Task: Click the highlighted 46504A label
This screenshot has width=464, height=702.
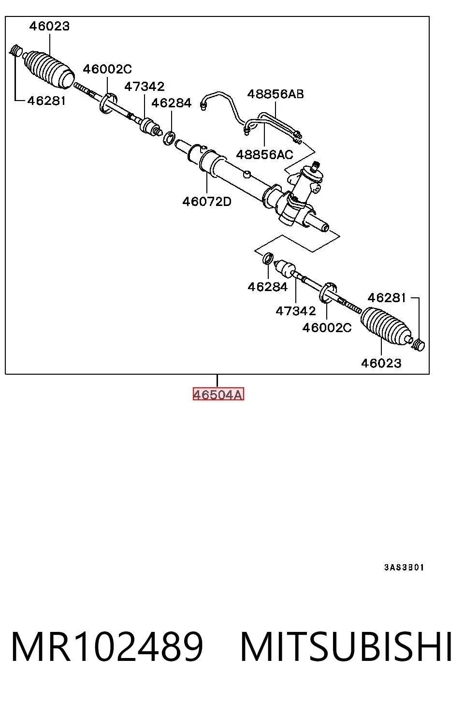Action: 218,394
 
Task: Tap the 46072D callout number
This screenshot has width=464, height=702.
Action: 207,202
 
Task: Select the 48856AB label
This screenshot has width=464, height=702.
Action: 275,94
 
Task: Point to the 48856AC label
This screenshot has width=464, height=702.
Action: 264,155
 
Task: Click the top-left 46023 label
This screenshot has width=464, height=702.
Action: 49,26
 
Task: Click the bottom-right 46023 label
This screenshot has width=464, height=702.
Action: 381,363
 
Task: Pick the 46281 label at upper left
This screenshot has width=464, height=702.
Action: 46,101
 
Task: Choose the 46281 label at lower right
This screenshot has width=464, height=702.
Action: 387,298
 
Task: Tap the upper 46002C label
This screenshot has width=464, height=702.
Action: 107,69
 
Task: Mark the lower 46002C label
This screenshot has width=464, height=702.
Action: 327,328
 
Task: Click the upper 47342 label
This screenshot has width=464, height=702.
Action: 145,87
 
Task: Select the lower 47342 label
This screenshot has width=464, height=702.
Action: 296,311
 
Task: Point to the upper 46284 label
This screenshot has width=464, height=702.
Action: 172,103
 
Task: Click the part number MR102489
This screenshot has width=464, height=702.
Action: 107,647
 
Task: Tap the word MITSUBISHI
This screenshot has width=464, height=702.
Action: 346,647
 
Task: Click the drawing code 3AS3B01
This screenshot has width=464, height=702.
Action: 404,568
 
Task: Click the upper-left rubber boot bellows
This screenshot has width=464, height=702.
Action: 48,69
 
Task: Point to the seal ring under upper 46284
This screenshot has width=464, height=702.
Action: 169,138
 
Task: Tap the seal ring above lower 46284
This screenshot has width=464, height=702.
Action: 268,258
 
